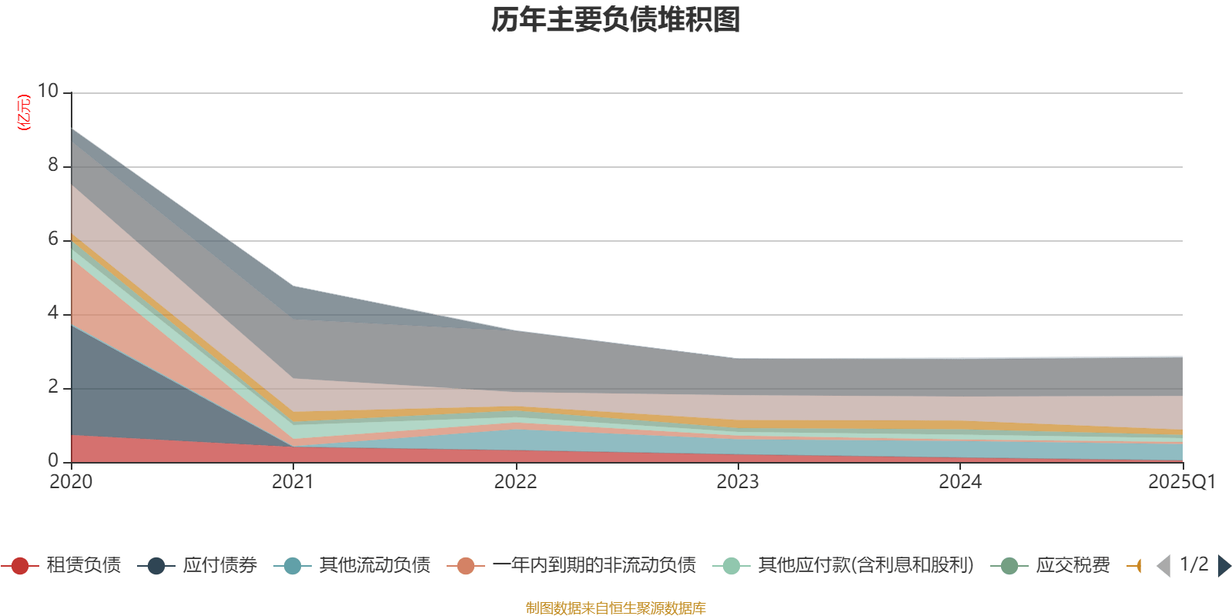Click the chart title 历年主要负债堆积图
(x=616, y=20)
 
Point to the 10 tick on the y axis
(x=48, y=91)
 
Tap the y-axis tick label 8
(x=52, y=165)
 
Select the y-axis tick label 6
(x=52, y=239)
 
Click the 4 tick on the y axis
(x=52, y=313)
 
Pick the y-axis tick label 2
(x=52, y=387)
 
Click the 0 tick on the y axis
(x=52, y=460)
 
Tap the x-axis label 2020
(x=71, y=482)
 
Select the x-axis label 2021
(x=293, y=482)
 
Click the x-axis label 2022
(x=515, y=482)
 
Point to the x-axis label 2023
(x=738, y=482)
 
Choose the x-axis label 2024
(x=960, y=482)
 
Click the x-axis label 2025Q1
(x=1181, y=482)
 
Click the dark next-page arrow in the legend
(x=1224, y=566)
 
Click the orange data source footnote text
(x=616, y=608)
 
